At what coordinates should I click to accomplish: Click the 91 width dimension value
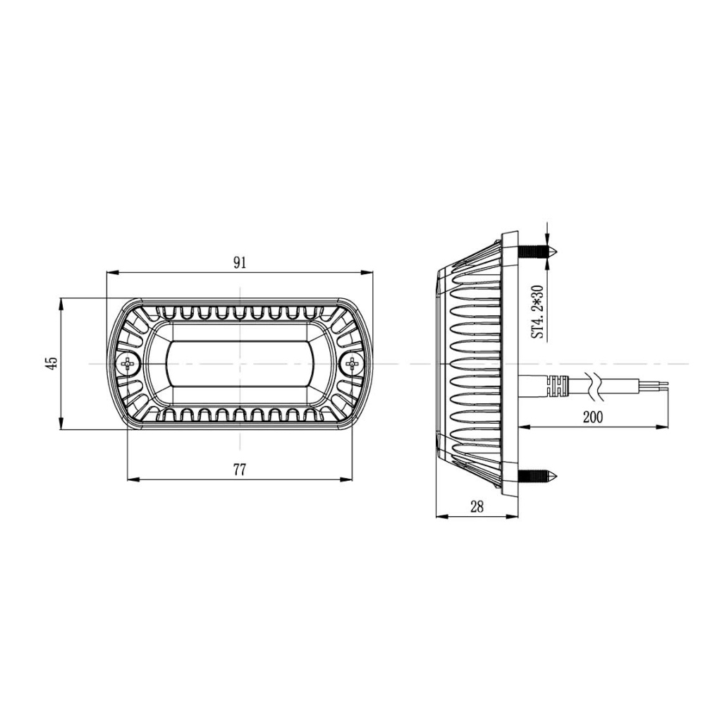click(240, 263)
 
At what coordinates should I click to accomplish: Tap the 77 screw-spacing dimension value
click(240, 470)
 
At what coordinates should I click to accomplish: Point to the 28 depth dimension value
click(477, 507)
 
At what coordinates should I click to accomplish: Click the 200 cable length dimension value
click(592, 417)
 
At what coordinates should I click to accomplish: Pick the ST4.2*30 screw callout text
click(538, 312)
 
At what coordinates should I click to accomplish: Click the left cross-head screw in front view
click(127, 364)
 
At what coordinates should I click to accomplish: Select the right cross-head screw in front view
click(353, 364)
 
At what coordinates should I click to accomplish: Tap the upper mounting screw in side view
click(538, 252)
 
